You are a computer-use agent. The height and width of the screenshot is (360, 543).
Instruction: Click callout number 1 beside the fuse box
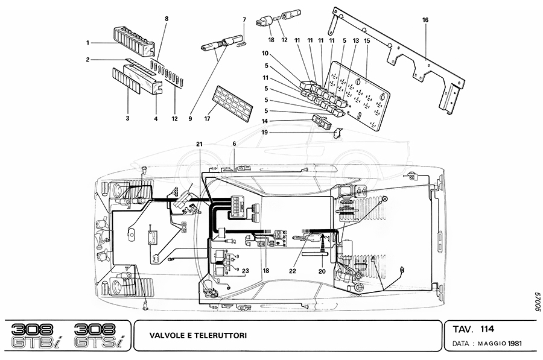(x=88, y=42)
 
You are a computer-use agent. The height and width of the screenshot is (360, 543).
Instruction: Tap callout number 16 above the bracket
(x=425, y=20)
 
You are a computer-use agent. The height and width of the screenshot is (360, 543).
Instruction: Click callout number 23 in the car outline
(x=246, y=271)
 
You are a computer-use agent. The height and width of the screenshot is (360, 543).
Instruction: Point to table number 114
(x=487, y=329)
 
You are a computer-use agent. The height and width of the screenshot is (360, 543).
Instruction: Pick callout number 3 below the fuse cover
(x=128, y=119)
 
